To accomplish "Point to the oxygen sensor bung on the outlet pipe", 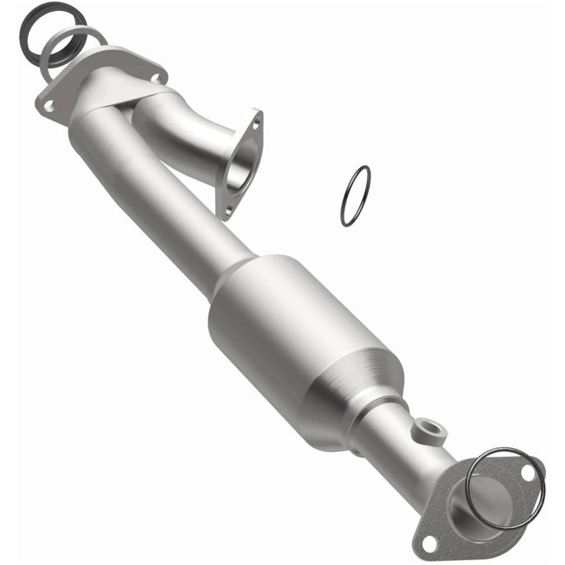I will point(429,429).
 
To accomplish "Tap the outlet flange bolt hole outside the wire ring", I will point(428,541).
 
